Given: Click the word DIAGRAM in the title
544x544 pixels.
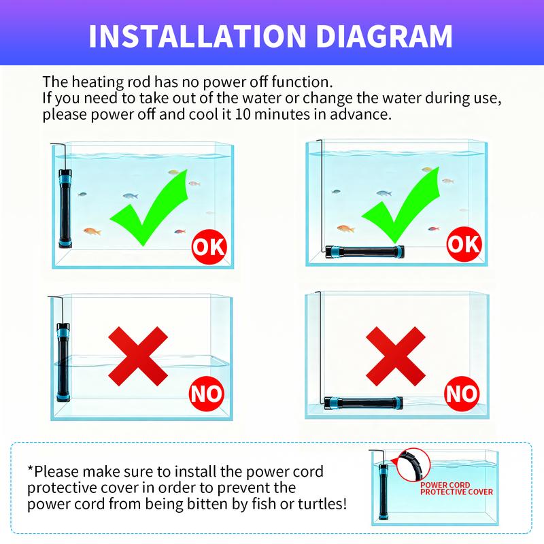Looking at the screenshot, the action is point(384,36).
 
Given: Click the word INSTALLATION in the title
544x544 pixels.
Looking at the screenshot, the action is point(197,36).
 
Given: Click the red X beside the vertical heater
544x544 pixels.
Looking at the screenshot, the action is point(138,356).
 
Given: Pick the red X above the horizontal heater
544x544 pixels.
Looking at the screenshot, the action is point(396,356).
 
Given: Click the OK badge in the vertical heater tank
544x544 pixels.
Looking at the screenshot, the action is point(209,247).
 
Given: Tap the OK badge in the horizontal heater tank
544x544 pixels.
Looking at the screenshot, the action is point(464,244).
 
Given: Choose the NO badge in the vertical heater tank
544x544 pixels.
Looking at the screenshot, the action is point(207,394).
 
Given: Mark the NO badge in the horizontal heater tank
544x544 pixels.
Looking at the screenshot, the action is point(462,394).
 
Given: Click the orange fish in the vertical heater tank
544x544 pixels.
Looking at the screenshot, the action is point(92,231).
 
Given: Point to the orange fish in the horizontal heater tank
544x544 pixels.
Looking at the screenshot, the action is point(346,228).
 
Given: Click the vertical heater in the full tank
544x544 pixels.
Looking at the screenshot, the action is point(65,209).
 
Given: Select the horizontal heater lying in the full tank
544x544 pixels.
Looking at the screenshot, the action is point(364,252).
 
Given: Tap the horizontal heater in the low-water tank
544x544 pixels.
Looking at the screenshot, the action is point(364,403).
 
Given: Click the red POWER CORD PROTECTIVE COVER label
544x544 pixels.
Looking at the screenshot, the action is point(456,488).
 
